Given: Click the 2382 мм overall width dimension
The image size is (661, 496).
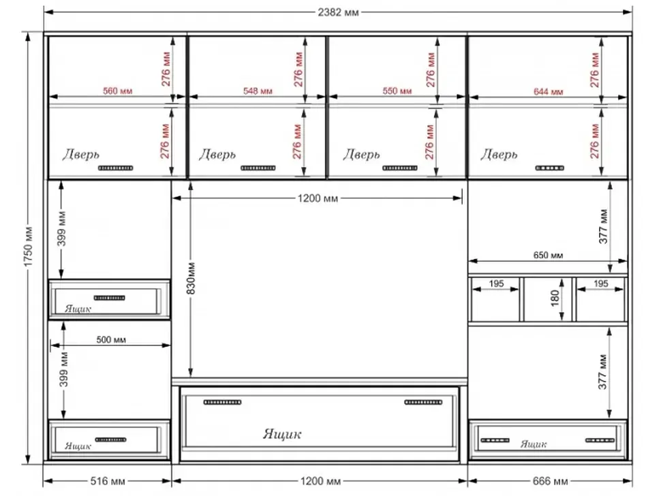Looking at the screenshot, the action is [338, 12].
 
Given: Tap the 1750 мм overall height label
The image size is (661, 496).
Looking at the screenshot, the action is [29, 247].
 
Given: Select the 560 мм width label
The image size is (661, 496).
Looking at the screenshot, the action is [118, 91].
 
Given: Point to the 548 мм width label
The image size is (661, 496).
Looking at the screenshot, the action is [258, 91].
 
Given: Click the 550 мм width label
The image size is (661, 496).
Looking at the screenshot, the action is [397, 91].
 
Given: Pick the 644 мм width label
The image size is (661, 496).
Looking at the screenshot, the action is [548, 91].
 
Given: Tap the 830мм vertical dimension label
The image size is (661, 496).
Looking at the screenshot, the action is [191, 278].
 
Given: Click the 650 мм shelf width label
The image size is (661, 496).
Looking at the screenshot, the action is [548, 255].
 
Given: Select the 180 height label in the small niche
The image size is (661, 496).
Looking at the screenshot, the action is [555, 298].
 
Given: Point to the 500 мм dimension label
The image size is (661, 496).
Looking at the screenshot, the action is [111, 340].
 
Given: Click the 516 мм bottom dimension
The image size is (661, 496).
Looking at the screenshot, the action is [108, 481].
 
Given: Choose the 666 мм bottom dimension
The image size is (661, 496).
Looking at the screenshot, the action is [550, 481].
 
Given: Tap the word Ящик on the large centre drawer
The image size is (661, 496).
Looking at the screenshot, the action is [282, 434].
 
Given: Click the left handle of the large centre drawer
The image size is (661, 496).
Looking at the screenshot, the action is [222, 403].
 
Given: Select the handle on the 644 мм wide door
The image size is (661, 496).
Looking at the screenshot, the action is [550, 168].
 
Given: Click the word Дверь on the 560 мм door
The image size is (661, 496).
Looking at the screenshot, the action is [81, 155].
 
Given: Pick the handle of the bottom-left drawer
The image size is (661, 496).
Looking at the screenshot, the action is [110, 440].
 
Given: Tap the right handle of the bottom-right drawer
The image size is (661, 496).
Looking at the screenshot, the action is [600, 440].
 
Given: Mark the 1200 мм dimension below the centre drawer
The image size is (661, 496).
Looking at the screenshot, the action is [320, 481].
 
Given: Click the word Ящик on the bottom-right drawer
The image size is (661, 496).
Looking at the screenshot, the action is [534, 444].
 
